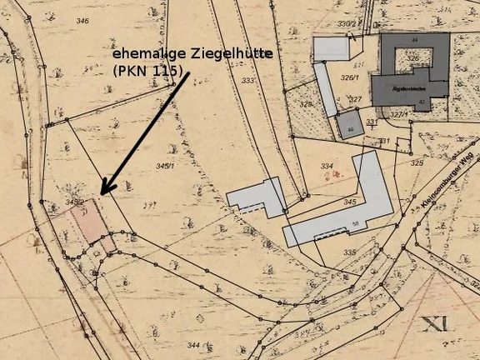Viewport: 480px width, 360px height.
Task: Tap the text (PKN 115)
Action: pos(146,72)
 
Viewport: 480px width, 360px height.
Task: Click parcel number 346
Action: pos(82,21)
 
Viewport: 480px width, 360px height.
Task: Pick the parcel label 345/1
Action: pos(166,167)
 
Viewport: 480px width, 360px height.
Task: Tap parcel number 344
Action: pos(193,344)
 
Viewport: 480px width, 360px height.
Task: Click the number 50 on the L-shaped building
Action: pos(355,224)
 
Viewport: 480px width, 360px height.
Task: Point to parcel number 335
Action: pos(349,252)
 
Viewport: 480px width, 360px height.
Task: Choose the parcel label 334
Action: pos(327,166)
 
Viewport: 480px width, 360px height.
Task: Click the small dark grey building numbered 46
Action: pos(350,127)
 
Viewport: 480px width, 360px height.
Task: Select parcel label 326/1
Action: pos(350,77)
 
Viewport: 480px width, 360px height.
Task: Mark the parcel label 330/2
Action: pos(347,24)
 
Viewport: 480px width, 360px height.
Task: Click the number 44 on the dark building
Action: pos(414,40)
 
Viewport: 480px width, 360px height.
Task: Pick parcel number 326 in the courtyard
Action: pos(413,57)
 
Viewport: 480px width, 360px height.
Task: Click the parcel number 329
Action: pos(306,104)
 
